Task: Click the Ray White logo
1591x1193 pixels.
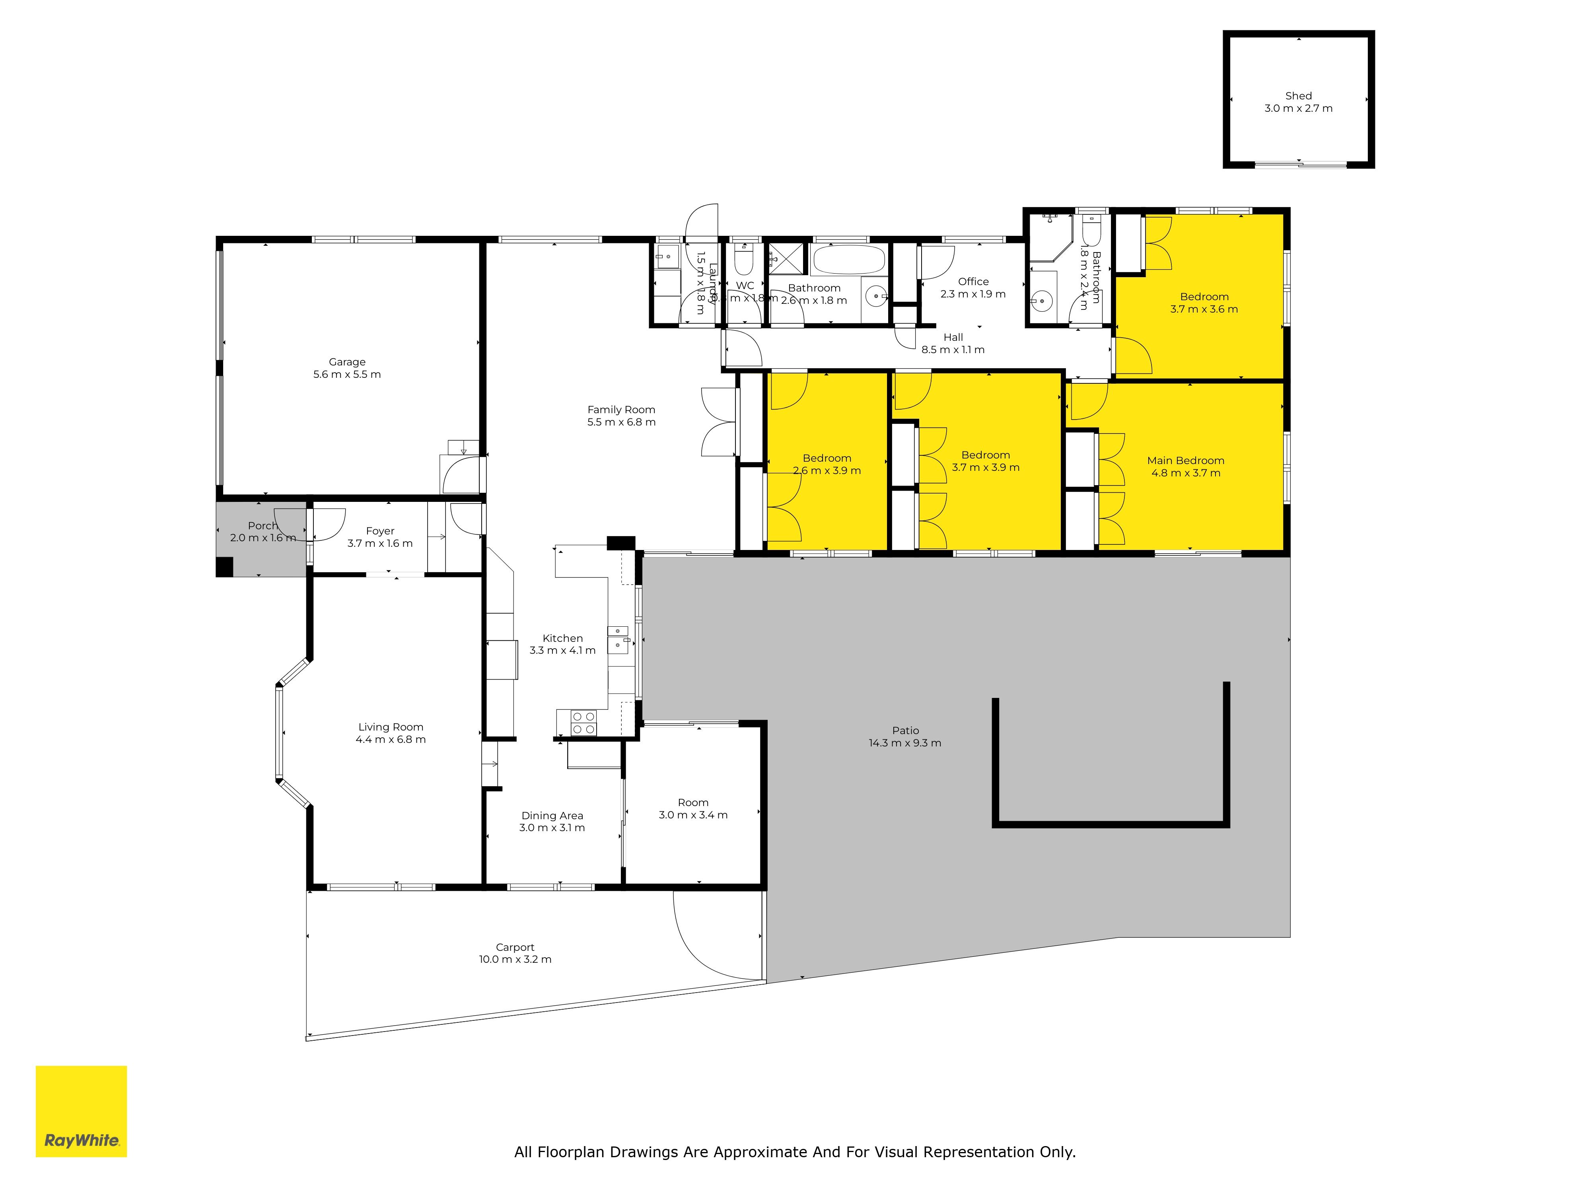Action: [x=81, y=1111]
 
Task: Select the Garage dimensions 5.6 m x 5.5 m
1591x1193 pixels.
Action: [x=347, y=375]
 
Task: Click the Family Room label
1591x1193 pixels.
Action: [x=621, y=410]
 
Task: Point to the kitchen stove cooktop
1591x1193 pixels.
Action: [x=583, y=723]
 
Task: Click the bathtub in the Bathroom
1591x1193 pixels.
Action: [x=849, y=260]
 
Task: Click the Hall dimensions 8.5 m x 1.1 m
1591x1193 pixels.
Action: [x=953, y=350]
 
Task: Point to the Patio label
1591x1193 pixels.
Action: [x=906, y=731]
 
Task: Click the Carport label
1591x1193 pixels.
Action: [x=515, y=947]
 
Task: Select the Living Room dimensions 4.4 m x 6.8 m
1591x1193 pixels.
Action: [x=391, y=739]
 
